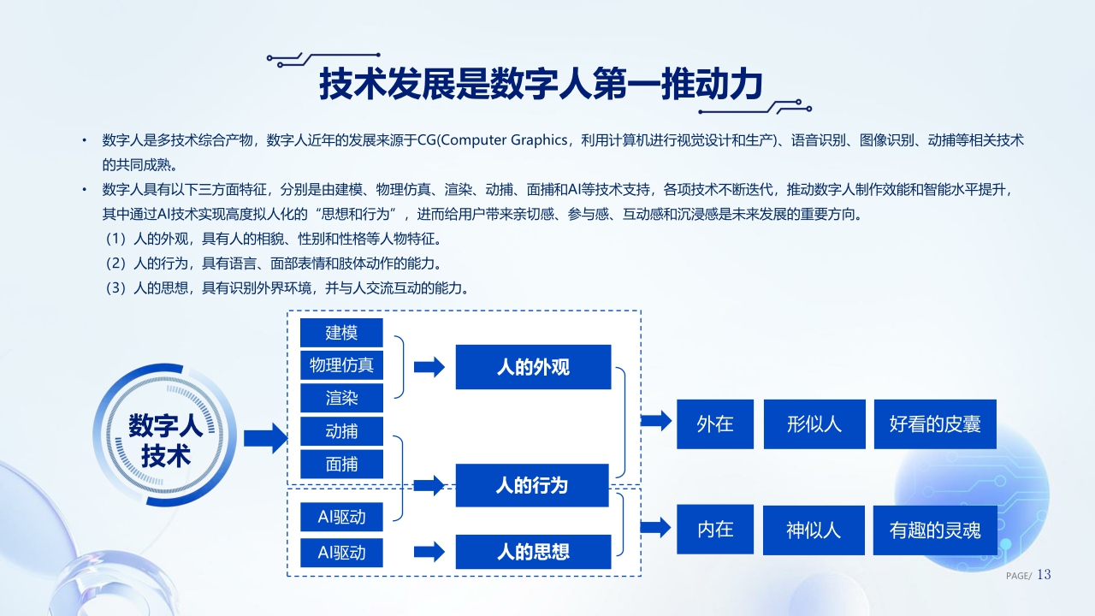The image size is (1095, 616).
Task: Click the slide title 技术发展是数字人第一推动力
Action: tap(540, 84)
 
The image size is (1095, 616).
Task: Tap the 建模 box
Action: tap(341, 333)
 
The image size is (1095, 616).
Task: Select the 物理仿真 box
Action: tap(341, 365)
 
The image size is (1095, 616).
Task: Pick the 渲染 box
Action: tap(341, 398)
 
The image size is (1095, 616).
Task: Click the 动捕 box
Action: tap(341, 431)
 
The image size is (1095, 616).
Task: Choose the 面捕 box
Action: tap(341, 464)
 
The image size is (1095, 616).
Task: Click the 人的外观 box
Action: tap(533, 367)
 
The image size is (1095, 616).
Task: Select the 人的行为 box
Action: tap(532, 485)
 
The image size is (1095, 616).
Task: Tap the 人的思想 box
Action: tap(533, 551)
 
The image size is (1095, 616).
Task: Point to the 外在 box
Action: tap(715, 423)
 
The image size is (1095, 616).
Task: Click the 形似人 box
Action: tap(814, 423)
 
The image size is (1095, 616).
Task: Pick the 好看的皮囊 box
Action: tap(935, 423)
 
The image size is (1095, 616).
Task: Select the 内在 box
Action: tap(715, 529)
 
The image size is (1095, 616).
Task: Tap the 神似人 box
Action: tap(814, 530)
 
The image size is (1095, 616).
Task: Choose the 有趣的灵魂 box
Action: tap(935, 530)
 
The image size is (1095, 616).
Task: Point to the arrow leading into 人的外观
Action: tap(429, 367)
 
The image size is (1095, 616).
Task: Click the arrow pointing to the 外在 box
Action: tap(656, 420)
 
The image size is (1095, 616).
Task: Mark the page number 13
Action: tap(1044, 575)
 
